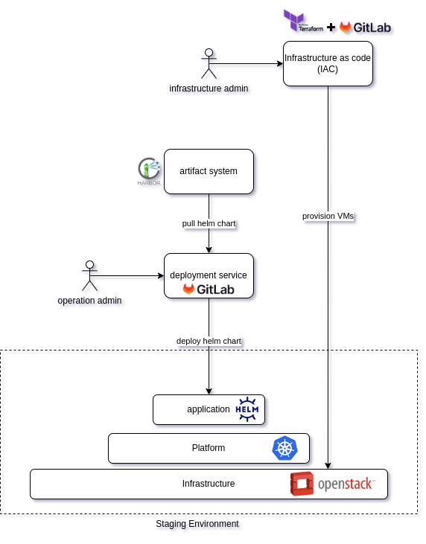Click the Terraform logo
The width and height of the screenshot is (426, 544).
[x=303, y=21]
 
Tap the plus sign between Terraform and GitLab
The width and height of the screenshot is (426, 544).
[x=331, y=27]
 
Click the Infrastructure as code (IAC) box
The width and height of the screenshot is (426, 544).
[x=328, y=63]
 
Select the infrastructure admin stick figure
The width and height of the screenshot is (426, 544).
[x=209, y=63]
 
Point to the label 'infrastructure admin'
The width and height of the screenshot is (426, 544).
[x=209, y=89]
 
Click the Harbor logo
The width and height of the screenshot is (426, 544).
[x=149, y=171]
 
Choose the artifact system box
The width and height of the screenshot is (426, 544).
[x=209, y=171]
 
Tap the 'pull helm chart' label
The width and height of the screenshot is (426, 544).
[x=209, y=223]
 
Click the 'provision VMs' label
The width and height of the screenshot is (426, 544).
[x=328, y=216]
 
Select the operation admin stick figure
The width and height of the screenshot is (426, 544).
[x=89, y=276]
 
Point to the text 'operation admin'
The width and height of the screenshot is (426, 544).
[x=89, y=301]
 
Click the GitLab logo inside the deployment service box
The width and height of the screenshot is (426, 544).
[x=209, y=289]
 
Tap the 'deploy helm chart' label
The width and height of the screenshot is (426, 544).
[x=209, y=341]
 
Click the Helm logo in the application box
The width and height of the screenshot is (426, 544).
[x=247, y=409]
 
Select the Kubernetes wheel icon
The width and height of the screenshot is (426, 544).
[x=284, y=448]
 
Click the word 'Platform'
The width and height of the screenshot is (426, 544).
[x=209, y=448]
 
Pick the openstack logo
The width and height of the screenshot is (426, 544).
[x=333, y=484]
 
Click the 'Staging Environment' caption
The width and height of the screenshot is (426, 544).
[x=197, y=523]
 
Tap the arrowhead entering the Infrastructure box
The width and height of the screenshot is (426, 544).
[x=328, y=466]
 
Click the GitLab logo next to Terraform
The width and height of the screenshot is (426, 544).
[x=365, y=27]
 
